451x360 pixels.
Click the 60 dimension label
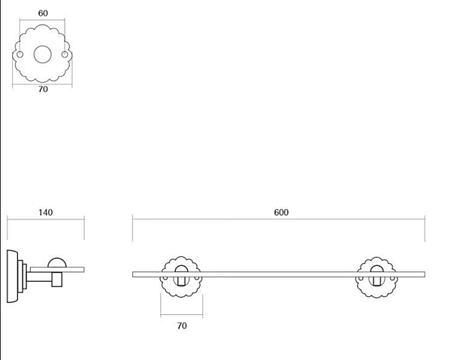coord(43,14)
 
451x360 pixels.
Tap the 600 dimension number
coord(281,213)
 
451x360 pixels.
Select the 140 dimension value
coord(46,213)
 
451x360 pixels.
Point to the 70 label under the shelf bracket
coord(182,325)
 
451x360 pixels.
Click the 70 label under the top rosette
coord(43,89)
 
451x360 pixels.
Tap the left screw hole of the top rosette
coord(20,54)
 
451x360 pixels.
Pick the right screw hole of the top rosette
coord(65,54)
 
